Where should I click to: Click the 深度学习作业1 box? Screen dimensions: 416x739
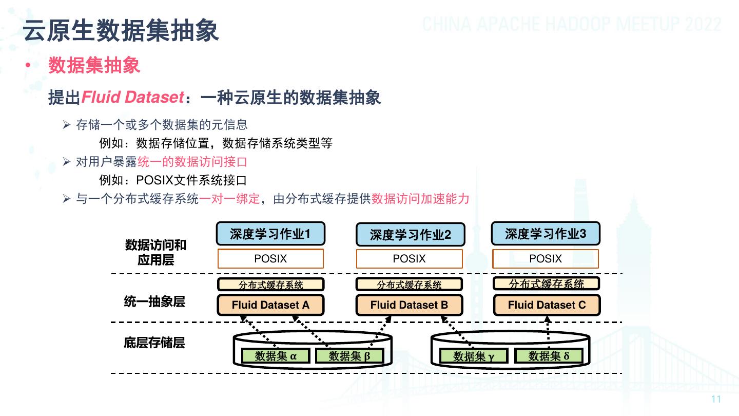point(270,234)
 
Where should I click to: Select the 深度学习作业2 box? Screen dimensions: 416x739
point(410,235)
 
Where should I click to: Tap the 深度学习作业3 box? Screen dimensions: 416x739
point(546,234)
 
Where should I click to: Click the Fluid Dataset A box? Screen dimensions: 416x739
point(270,305)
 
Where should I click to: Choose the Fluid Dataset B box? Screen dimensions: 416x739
point(409,305)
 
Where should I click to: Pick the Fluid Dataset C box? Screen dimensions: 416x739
point(547,305)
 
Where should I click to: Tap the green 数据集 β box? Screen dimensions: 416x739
point(349,356)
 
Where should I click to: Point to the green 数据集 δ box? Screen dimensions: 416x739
point(549,356)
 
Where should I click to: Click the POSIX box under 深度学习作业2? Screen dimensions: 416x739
point(409,259)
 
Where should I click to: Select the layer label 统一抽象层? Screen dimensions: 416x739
point(154,302)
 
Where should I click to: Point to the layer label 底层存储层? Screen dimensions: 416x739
point(154,343)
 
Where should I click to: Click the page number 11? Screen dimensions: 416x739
point(716,400)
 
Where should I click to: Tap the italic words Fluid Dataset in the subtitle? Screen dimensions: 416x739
point(132,97)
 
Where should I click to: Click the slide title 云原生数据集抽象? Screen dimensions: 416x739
point(121,30)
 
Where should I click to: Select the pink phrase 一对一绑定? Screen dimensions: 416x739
point(229,199)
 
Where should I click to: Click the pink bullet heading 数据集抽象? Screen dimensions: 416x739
point(94,66)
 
